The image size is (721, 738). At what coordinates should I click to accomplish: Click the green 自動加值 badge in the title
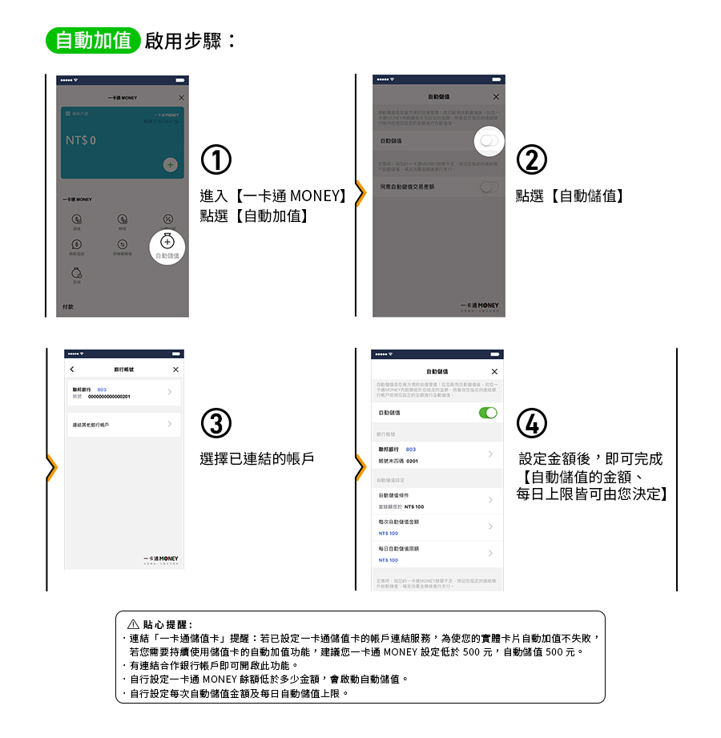click(x=94, y=40)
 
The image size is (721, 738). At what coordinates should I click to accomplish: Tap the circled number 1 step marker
click(x=216, y=160)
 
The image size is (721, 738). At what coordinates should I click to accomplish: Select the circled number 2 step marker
click(x=532, y=160)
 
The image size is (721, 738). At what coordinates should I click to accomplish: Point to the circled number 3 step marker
click(x=216, y=425)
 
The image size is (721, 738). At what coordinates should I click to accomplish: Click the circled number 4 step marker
click(x=533, y=425)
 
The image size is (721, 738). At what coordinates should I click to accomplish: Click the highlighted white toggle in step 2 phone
click(x=489, y=140)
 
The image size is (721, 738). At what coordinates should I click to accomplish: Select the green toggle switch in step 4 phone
click(x=487, y=413)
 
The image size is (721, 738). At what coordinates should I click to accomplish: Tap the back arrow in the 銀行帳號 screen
click(x=72, y=369)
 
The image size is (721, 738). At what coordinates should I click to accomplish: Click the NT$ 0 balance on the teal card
click(x=81, y=140)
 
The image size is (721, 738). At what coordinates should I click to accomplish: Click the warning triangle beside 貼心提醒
click(x=133, y=624)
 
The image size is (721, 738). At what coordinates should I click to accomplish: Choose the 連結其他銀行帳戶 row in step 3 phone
click(x=120, y=424)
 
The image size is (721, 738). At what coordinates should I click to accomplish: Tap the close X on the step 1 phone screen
click(x=181, y=97)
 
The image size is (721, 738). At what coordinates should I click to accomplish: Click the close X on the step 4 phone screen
click(x=494, y=372)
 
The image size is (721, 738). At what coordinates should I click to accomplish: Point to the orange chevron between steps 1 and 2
click(x=360, y=194)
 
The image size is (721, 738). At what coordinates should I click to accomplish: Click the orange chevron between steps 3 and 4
click(x=360, y=467)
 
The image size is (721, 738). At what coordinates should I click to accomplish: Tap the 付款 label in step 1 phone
click(x=68, y=307)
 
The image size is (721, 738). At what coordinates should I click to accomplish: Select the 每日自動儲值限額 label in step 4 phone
click(x=399, y=549)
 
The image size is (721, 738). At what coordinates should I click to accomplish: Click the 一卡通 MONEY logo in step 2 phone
click(x=480, y=306)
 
